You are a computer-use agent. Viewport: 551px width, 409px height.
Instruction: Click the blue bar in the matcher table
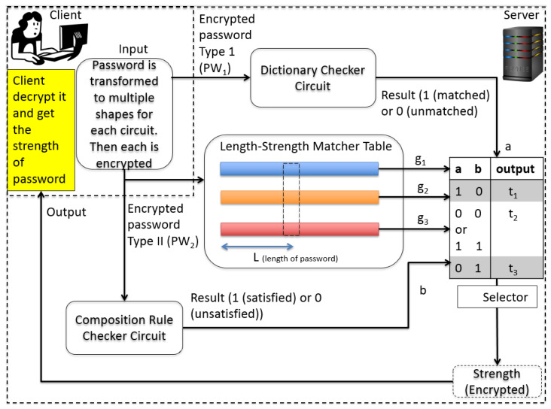point(299,170)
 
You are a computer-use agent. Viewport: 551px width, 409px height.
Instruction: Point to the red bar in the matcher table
point(299,229)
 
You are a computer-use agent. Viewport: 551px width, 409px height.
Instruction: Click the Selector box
point(498,297)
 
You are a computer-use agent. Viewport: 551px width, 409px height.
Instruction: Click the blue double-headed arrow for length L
point(257,247)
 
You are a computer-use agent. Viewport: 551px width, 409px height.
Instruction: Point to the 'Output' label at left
point(65,212)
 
